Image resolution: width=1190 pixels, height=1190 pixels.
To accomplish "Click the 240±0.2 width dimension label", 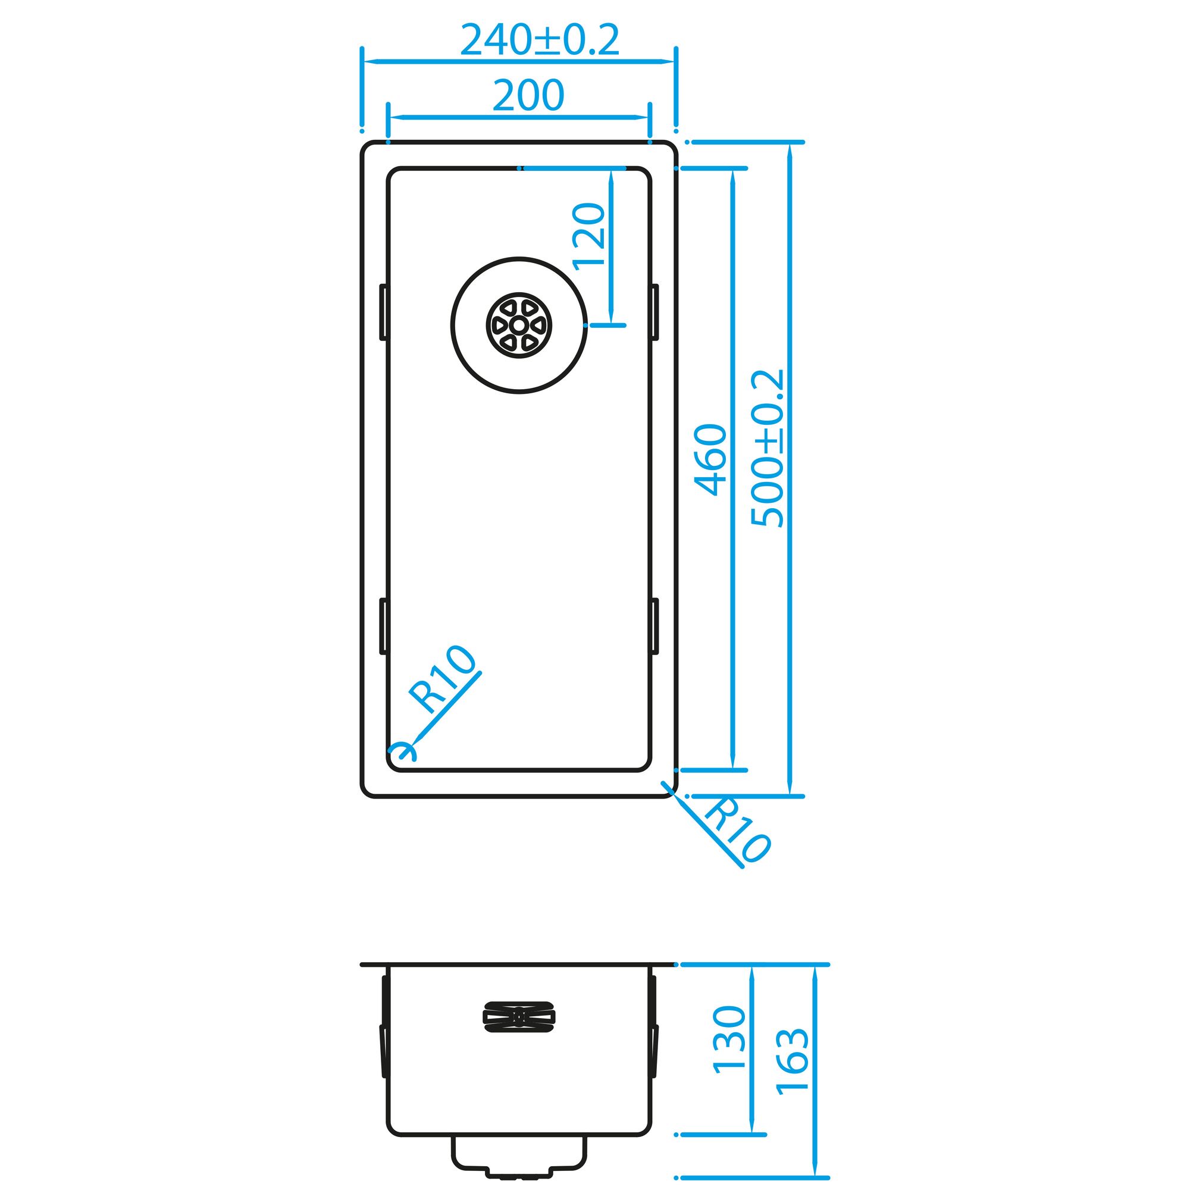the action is [x=540, y=40].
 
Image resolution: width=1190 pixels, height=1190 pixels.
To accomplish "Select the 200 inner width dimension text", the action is [x=528, y=95].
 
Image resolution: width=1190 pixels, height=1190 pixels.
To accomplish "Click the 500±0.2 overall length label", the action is [x=768, y=449].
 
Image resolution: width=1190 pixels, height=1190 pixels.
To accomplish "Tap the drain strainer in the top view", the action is [x=519, y=325].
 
